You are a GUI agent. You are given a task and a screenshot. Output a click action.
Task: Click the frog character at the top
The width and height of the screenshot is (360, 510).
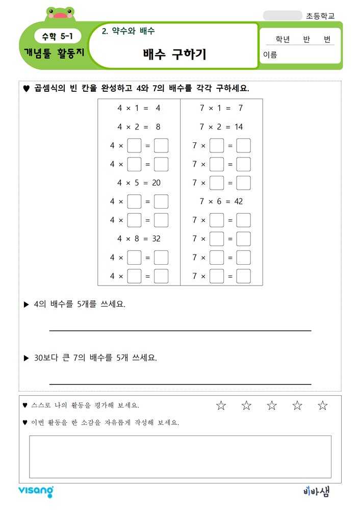pos(61,14)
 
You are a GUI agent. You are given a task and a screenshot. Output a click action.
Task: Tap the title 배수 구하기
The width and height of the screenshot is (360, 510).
pos(174,54)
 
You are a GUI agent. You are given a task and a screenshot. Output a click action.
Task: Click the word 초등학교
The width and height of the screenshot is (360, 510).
pos(321,16)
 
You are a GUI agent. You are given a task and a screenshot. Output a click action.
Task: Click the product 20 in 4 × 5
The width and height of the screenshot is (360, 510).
pos(156,183)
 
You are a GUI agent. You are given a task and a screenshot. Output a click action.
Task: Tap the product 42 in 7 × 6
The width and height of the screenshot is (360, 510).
pos(238,201)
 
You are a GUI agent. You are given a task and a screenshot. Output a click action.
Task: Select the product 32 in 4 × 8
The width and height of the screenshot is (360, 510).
pos(156,239)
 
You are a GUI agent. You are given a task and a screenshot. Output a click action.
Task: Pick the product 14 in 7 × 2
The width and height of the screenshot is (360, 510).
pos(238,127)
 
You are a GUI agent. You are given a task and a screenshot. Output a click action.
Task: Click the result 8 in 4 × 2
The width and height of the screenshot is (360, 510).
pos(158,127)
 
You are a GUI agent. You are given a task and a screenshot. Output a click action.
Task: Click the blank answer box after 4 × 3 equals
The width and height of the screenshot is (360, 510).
pos(161,146)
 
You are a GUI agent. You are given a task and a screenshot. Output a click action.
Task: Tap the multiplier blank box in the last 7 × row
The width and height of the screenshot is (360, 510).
pos(217,276)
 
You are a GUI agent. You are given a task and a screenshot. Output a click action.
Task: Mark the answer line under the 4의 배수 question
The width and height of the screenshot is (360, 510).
pos(180,330)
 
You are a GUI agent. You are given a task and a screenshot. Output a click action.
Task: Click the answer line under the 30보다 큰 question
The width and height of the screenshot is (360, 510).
pos(180,384)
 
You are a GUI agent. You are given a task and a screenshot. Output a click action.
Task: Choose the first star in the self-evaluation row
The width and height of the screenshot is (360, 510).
pos(221,405)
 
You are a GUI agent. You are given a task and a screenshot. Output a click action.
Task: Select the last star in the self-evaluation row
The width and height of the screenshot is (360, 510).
pos(322,405)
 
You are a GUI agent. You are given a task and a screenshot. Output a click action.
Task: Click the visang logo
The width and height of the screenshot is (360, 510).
pos(36,491)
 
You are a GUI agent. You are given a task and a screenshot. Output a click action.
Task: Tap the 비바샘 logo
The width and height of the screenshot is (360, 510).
pos(316,491)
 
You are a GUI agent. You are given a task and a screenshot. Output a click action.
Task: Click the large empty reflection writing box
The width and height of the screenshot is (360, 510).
pos(180,456)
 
